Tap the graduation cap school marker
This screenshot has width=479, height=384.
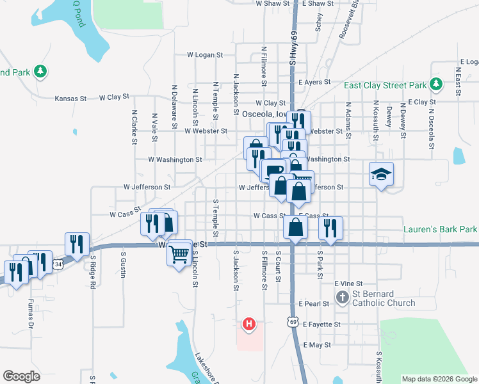[x=381, y=174]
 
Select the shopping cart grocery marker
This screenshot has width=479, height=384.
[x=180, y=254]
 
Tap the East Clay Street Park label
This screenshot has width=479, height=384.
[x=385, y=85]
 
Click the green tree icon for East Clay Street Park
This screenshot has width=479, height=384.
[x=436, y=84]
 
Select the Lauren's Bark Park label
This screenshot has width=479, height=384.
[x=441, y=228]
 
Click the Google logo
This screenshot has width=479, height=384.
[x=22, y=376]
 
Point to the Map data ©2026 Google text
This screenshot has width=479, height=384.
[x=439, y=379]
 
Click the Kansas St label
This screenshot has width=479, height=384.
[x=70, y=99]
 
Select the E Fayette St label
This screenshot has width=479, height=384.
[x=322, y=324]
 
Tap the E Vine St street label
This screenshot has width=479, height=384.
[x=348, y=283]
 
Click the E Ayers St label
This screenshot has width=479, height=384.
[x=314, y=83]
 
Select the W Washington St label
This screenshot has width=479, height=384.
[x=175, y=159]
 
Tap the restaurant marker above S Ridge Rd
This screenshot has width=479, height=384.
[x=76, y=244]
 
